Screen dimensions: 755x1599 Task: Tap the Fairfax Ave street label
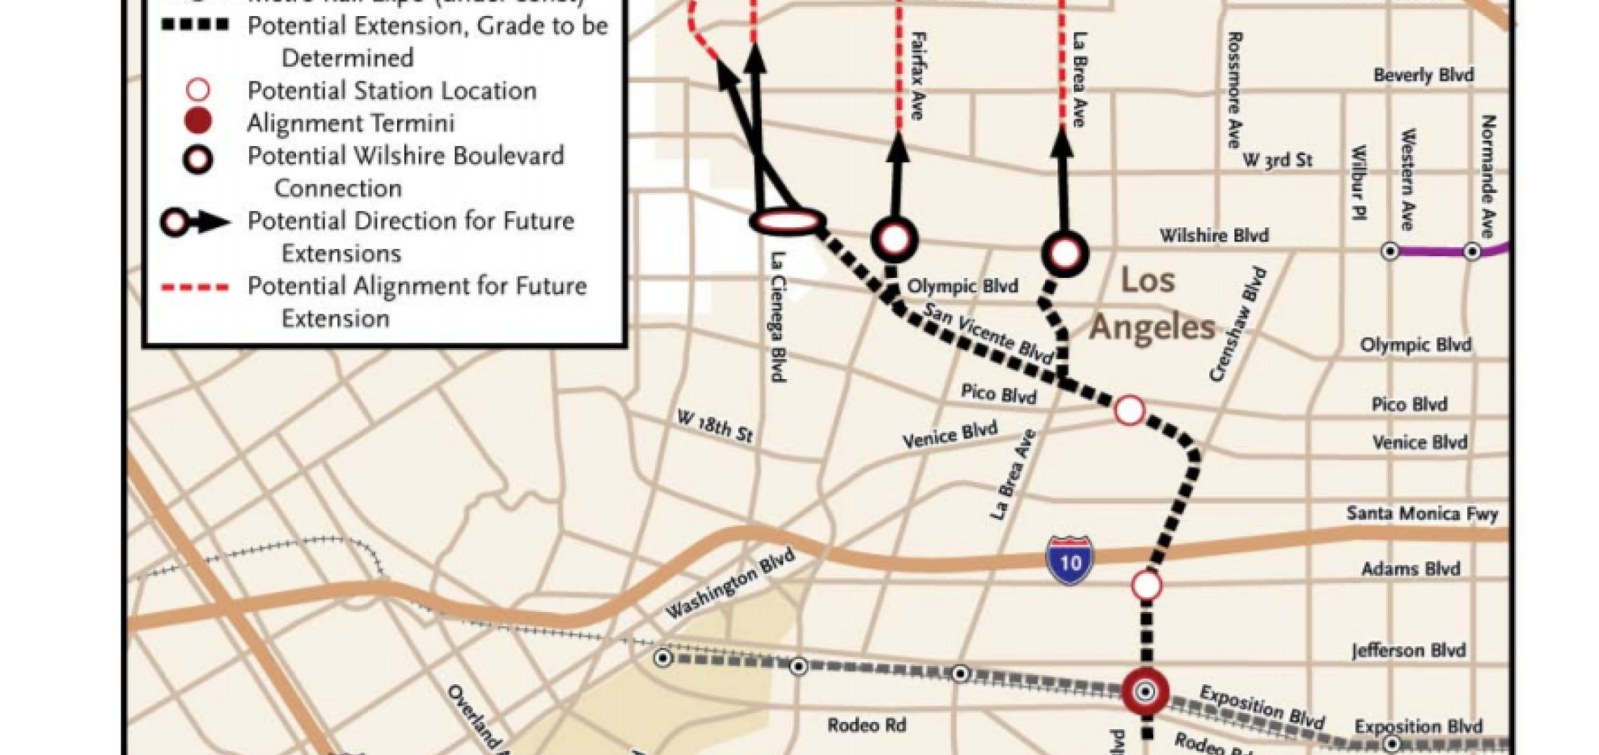pyautogui.click(x=917, y=75)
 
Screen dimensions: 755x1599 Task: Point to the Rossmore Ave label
pyautogui.click(x=1234, y=90)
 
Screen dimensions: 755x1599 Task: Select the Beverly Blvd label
pyautogui.click(x=1423, y=74)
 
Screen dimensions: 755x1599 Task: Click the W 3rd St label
pyautogui.click(x=1277, y=160)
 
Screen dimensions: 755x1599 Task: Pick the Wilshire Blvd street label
pyautogui.click(x=1214, y=235)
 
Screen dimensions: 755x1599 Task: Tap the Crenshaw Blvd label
pyautogui.click(x=1239, y=324)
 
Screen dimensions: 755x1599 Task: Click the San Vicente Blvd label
pyautogui.click(x=989, y=333)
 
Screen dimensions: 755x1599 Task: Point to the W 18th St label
pyautogui.click(x=715, y=427)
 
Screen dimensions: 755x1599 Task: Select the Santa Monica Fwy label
pyautogui.click(x=1422, y=514)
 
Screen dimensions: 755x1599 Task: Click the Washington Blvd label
pyautogui.click(x=730, y=584)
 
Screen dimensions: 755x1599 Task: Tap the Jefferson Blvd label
pyautogui.click(x=1408, y=650)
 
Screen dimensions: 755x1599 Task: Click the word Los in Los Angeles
pyautogui.click(x=1147, y=281)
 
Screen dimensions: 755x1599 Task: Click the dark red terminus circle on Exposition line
pyautogui.click(x=1145, y=691)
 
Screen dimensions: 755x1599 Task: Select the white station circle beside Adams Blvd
pyautogui.click(x=1147, y=584)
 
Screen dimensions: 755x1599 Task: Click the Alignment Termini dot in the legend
pyautogui.click(x=198, y=121)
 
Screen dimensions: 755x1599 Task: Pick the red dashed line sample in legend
pyautogui.click(x=195, y=287)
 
